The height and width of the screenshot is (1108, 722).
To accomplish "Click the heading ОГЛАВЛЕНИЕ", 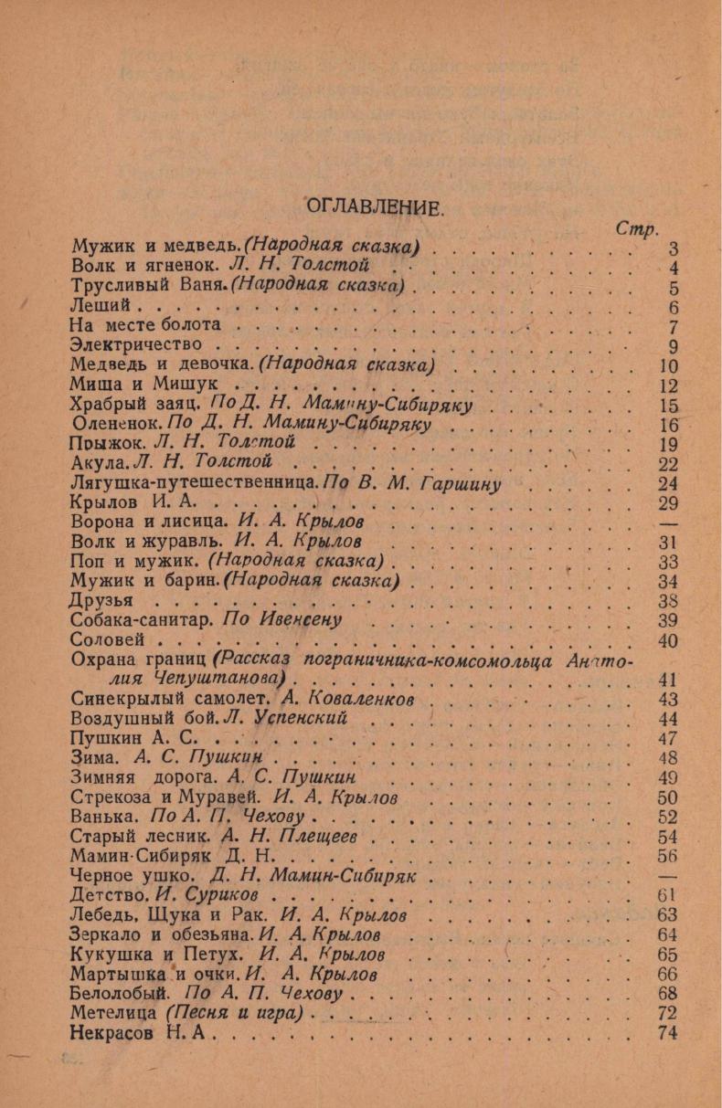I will click(373, 206).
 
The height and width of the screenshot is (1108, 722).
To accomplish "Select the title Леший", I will click(102, 308).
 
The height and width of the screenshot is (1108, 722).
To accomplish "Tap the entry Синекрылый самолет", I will click(168, 699).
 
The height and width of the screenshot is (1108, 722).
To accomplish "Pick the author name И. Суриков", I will click(221, 895).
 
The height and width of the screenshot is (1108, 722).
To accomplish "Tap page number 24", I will click(664, 483).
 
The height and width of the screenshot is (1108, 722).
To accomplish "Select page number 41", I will click(664, 679).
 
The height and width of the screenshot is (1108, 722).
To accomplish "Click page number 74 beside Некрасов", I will click(664, 1033).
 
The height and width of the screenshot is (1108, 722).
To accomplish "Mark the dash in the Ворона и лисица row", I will click(664, 522).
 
